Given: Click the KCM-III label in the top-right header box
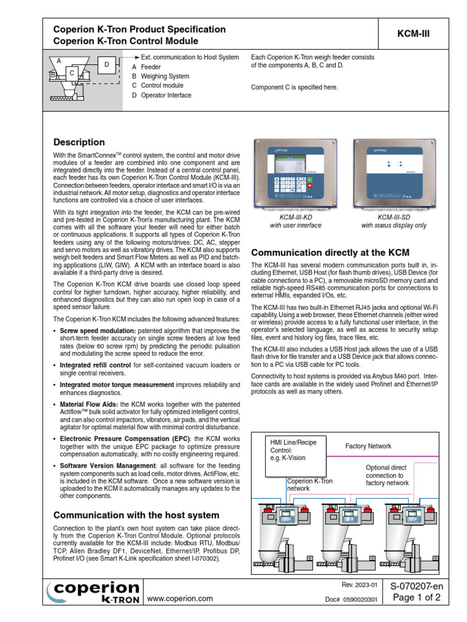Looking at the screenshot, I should [x=413, y=35].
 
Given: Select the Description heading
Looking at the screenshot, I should [x=79, y=142].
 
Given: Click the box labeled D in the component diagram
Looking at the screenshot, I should [x=106, y=65].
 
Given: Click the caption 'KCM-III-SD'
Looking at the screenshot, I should [x=393, y=216].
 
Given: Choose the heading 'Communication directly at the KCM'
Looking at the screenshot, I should [x=330, y=252].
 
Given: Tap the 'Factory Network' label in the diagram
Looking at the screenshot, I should [x=368, y=446].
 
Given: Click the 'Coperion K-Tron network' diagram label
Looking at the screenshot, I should [x=310, y=484].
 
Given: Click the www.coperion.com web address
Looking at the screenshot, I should [x=180, y=598].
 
